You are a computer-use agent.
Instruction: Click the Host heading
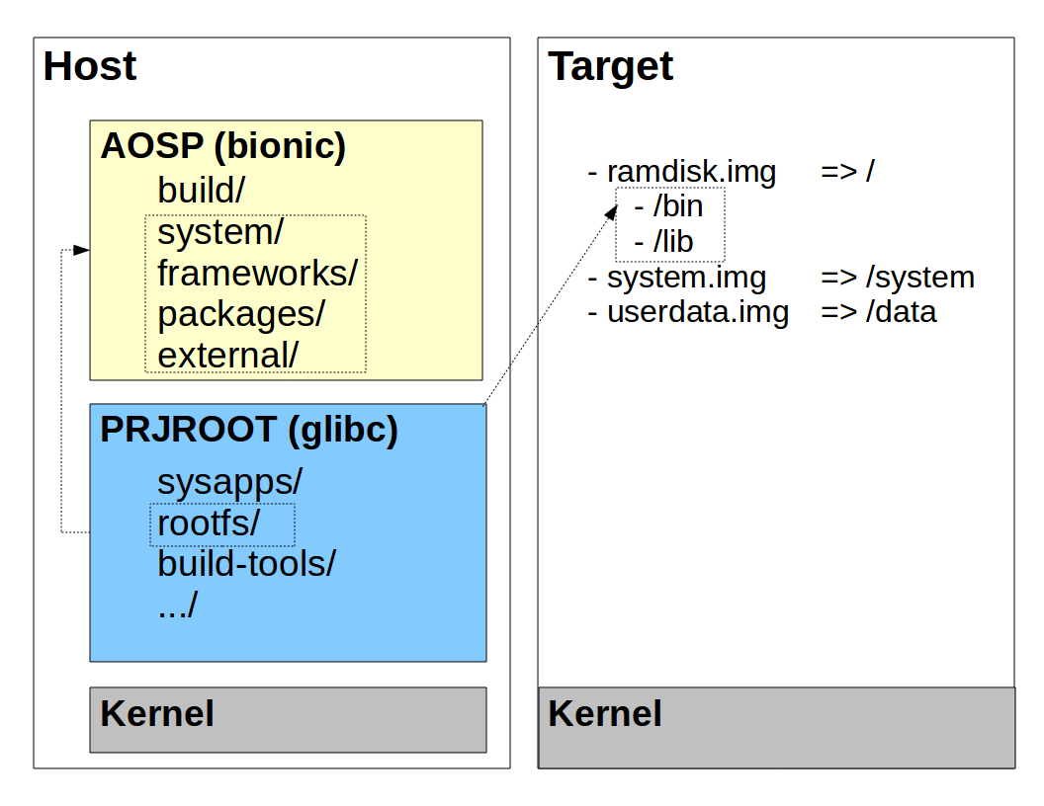90,66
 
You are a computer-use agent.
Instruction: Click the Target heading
611,67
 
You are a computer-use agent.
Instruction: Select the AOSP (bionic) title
223,146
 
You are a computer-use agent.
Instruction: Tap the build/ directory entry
201,191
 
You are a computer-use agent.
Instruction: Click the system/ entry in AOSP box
220,233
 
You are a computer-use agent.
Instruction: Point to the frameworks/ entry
258,274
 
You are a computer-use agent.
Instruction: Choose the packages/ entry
241,315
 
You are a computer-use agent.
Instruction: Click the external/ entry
227,356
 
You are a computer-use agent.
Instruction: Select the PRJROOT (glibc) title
249,430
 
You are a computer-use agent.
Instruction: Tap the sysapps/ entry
229,482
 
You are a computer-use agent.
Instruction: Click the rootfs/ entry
209,524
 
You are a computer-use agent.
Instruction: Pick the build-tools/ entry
247,564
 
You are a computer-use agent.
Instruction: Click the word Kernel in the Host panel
157,713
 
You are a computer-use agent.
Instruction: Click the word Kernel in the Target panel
605,713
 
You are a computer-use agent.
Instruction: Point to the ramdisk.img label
691,172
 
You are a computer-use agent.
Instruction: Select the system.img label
686,278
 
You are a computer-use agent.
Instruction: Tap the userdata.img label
698,312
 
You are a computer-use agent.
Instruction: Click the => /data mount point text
879,312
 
